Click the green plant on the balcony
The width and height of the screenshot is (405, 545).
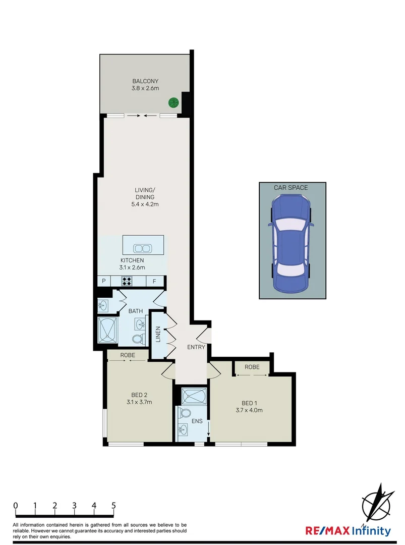pos(173,102)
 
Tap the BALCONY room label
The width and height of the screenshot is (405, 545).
pos(146,81)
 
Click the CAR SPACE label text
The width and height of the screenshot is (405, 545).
pos(291,188)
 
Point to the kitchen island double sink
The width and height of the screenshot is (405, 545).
pos(143,248)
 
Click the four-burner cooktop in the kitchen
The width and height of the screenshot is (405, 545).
pos(127,282)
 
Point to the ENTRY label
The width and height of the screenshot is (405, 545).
pos(196,347)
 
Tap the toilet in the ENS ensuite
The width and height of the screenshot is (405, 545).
pos(185,413)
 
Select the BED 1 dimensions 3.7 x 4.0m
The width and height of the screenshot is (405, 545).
pos(250,410)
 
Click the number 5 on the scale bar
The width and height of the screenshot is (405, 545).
pos(113,505)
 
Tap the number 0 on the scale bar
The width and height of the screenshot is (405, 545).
pos(16,505)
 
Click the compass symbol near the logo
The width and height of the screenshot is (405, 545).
pos(377,504)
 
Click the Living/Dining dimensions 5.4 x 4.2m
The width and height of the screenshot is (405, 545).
pos(144,204)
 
